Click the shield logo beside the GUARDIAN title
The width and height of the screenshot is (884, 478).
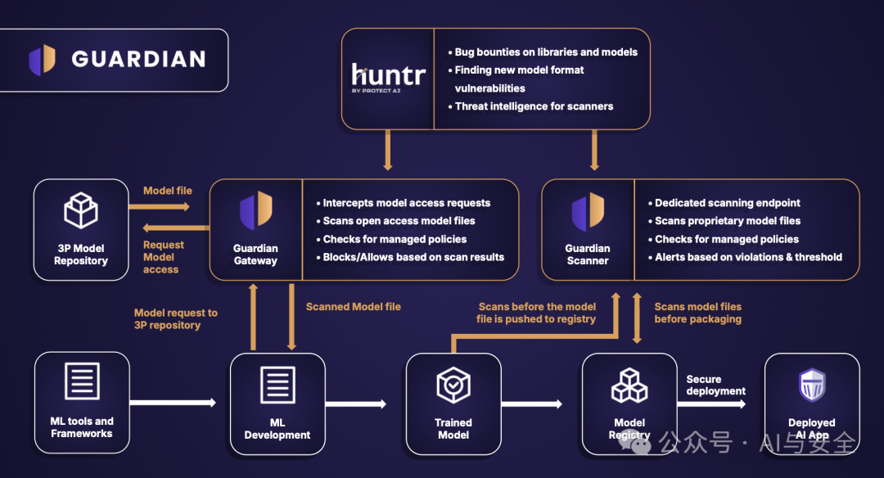tap(43, 60)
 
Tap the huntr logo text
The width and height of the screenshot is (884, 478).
tap(388, 74)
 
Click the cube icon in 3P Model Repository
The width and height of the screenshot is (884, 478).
tap(81, 210)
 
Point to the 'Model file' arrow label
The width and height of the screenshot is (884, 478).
tap(168, 191)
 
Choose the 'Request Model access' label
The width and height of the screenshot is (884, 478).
tap(164, 257)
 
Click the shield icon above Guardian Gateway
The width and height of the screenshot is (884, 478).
tap(256, 210)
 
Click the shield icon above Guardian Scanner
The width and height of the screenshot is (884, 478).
tap(588, 210)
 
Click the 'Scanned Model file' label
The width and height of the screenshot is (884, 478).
tap(354, 307)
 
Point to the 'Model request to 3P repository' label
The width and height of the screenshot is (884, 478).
tap(176, 319)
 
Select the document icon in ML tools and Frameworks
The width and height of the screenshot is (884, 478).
tap(83, 381)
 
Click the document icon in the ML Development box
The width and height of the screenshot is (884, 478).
tap(278, 385)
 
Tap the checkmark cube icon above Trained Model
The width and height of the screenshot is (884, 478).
tap(453, 385)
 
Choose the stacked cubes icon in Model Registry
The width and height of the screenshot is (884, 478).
tap(629, 386)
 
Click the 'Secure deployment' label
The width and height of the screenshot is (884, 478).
tap(715, 385)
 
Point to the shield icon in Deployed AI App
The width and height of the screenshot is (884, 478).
tap(813, 385)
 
